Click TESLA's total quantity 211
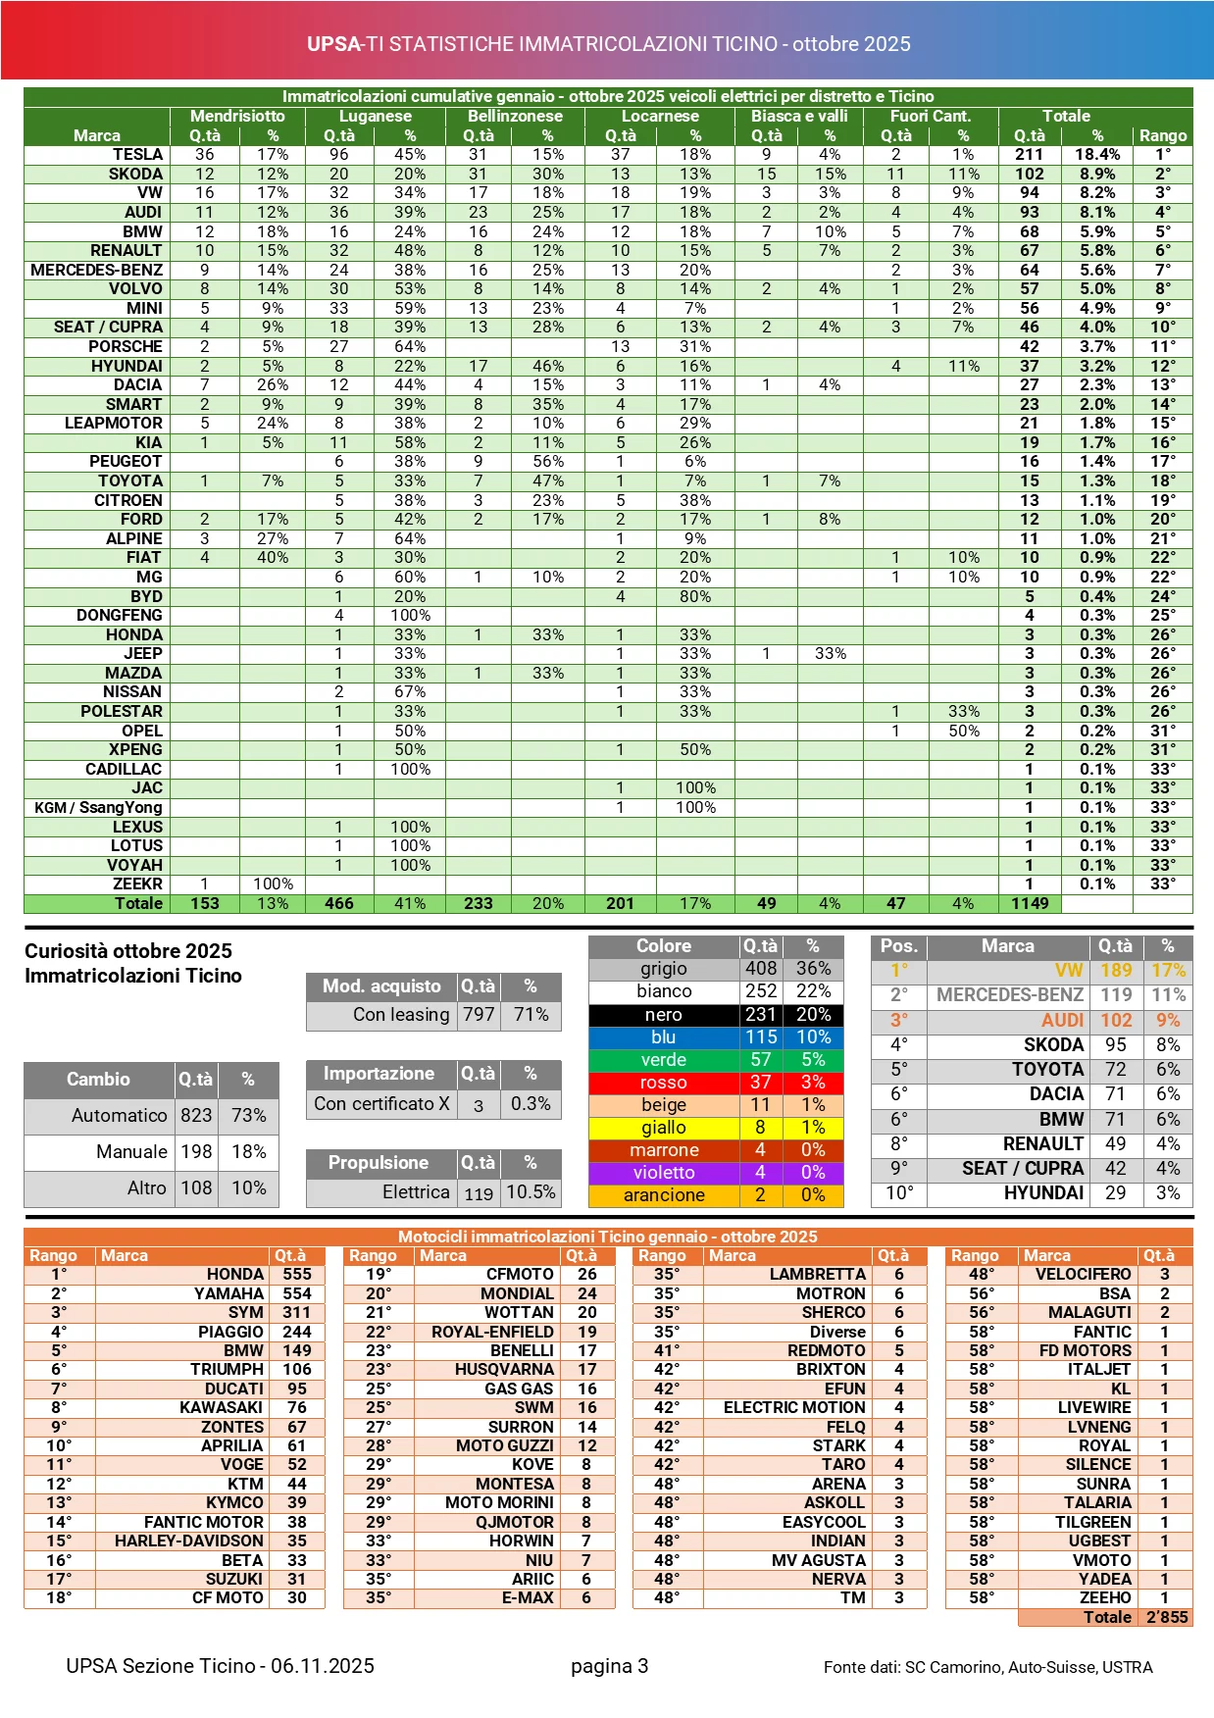(x=1029, y=154)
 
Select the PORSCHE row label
(x=126, y=346)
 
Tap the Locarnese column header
(x=660, y=116)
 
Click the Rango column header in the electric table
(x=1162, y=135)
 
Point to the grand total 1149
(x=1030, y=903)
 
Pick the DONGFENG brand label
(x=120, y=615)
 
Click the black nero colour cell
(x=664, y=1014)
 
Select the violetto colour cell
(x=664, y=1172)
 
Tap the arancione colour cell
(x=664, y=1194)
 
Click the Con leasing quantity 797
(x=479, y=1014)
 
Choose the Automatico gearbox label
(x=119, y=1115)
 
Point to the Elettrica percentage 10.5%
(x=531, y=1191)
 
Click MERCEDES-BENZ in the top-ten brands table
(x=1009, y=994)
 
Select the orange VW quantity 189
(x=1116, y=970)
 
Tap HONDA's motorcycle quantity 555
(x=296, y=1274)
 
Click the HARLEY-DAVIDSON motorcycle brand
(x=188, y=1541)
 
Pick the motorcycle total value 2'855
(x=1167, y=1617)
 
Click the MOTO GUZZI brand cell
(x=504, y=1445)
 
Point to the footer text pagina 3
(x=609, y=1665)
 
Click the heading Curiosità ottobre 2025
(x=128, y=950)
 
